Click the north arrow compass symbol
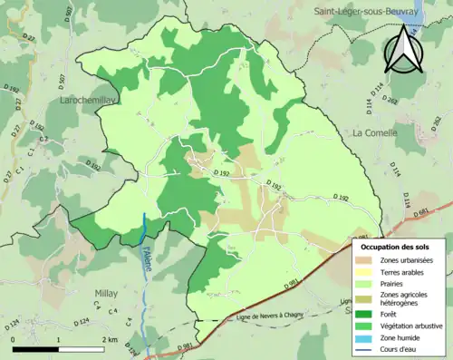404,50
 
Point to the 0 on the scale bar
13,339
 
